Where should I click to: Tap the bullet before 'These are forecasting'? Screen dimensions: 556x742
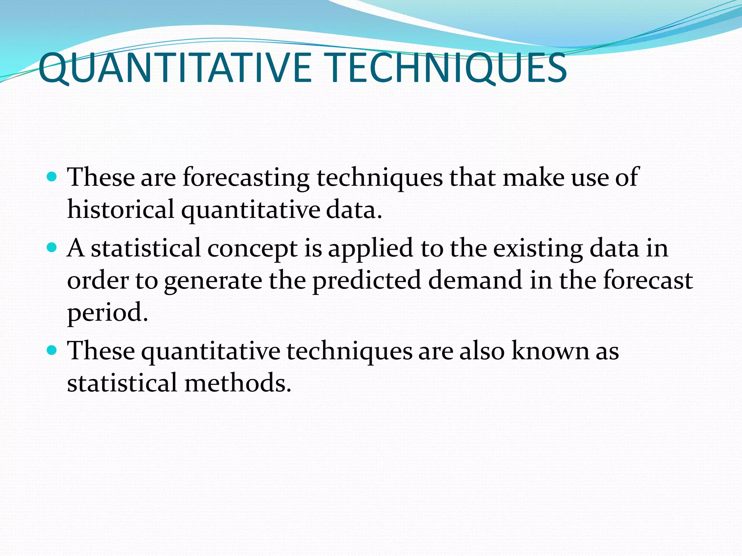[x=53, y=177]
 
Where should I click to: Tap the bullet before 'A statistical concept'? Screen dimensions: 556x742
[x=53, y=248]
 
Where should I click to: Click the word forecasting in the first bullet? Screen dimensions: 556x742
[x=246, y=178]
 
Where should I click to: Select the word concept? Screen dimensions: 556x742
[x=252, y=249]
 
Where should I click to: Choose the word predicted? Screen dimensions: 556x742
[x=367, y=281]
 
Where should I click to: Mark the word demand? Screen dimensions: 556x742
[x=475, y=280]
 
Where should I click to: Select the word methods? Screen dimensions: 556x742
[x=238, y=383]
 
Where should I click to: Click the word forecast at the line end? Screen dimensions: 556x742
[x=648, y=280]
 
